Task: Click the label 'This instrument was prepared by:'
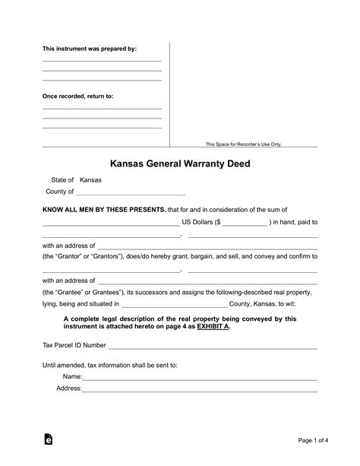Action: click(89, 49)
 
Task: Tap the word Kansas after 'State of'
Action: click(90, 180)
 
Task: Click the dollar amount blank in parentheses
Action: click(245, 223)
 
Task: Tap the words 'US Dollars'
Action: click(198, 223)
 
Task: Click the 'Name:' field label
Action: click(72, 377)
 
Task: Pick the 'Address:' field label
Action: click(69, 389)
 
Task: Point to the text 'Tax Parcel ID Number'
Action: click(74, 345)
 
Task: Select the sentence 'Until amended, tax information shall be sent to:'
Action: click(110, 365)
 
